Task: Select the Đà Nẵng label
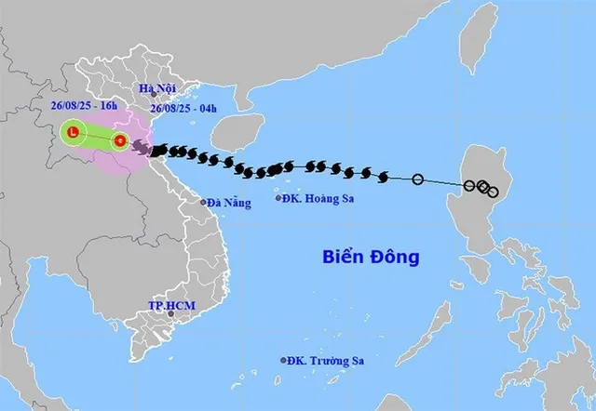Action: (x=229, y=202)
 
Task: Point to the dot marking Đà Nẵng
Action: (x=204, y=202)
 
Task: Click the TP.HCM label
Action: (x=169, y=305)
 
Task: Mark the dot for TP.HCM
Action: (x=170, y=314)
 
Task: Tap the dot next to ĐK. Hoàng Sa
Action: (x=279, y=197)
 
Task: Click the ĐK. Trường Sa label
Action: (x=328, y=361)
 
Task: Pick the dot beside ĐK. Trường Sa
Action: (x=284, y=361)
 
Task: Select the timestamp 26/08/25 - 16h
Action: (x=85, y=106)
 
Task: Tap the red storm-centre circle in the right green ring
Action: (x=119, y=141)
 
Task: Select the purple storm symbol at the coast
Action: (x=141, y=147)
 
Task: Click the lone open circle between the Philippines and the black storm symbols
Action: (x=418, y=179)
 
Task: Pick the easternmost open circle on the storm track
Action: (x=493, y=192)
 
